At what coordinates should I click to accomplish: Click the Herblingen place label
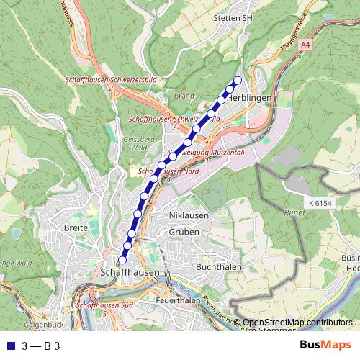coord(251,98)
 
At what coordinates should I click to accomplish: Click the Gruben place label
coord(183,232)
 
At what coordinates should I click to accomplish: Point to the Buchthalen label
coord(218,266)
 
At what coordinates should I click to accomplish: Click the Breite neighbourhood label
coord(76,228)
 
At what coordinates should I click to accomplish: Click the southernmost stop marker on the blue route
coord(122,259)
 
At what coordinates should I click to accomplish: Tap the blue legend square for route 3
coord(9,346)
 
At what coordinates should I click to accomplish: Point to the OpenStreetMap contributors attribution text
coord(297,323)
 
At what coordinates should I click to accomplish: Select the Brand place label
coord(184,95)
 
